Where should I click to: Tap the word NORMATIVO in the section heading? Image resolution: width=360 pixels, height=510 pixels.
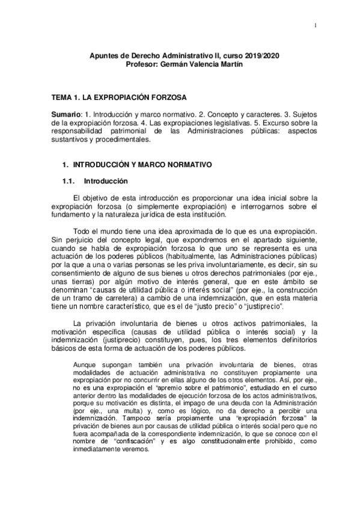click(x=179, y=164)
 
